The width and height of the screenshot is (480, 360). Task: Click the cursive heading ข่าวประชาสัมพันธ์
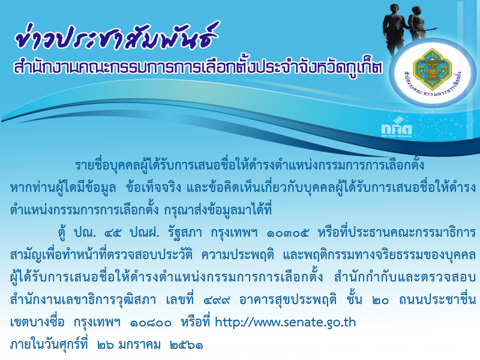[x=116, y=37]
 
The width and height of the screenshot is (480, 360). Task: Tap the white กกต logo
[x=397, y=127]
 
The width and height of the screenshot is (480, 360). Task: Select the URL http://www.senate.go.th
[x=286, y=322]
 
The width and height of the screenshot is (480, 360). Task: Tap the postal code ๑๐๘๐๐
[x=151, y=323]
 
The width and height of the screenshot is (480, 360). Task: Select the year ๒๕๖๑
[x=186, y=346]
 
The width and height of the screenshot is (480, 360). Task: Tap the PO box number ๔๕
[x=112, y=233]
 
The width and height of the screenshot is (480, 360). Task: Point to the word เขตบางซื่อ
[x=37, y=322]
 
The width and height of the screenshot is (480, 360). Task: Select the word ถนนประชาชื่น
[x=437, y=299]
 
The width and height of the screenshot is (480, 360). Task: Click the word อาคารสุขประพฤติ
[x=288, y=300]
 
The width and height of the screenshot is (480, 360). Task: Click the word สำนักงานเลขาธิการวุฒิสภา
[x=83, y=300]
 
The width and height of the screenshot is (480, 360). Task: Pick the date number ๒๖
[x=106, y=346]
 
